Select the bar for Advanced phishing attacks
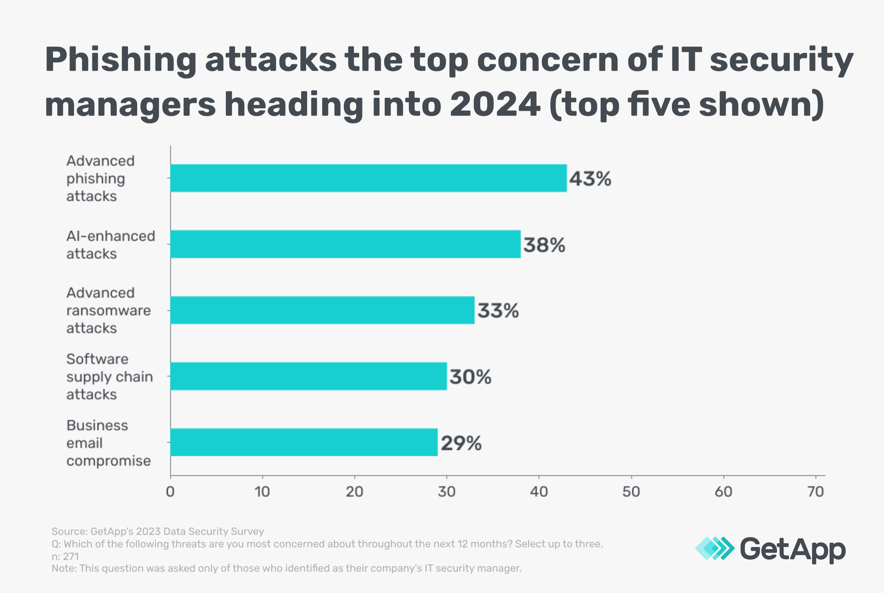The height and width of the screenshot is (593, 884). pyautogui.click(x=368, y=178)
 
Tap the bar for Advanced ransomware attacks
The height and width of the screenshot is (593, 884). pyautogui.click(x=322, y=310)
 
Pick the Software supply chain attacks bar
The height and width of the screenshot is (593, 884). pyautogui.click(x=308, y=376)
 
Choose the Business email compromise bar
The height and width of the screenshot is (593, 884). pyautogui.click(x=304, y=442)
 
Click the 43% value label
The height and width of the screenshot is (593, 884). pyautogui.click(x=590, y=179)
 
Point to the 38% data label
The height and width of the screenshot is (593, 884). pyautogui.click(x=544, y=245)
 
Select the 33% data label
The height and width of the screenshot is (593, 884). pyautogui.click(x=498, y=311)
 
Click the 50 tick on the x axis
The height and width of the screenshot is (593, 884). pyautogui.click(x=631, y=491)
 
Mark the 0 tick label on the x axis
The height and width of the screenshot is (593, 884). pyautogui.click(x=170, y=491)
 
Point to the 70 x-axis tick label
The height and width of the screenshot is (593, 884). pyautogui.click(x=815, y=491)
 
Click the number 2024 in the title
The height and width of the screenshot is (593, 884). pyautogui.click(x=495, y=104)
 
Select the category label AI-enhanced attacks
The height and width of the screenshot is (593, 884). pyautogui.click(x=110, y=245)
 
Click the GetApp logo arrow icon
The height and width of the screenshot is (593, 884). pyautogui.click(x=714, y=548)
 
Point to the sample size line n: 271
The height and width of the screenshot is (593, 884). pyautogui.click(x=65, y=556)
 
